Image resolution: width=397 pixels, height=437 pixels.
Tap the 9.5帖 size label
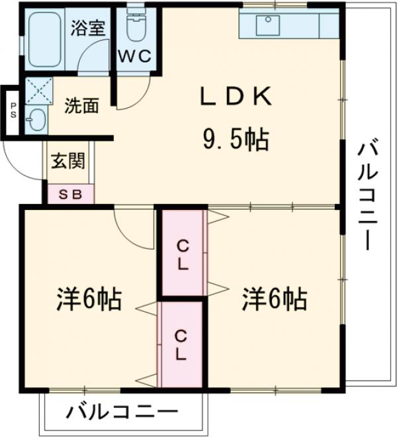point(235,139)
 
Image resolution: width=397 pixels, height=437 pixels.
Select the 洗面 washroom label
point(82,105)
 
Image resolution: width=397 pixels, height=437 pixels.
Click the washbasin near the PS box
point(36,120)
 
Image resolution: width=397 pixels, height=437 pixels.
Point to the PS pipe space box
point(13,113)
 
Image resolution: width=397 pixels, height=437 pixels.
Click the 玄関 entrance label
point(68,161)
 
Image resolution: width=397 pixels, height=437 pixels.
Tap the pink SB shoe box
point(69,194)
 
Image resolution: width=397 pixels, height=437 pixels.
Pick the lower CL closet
point(180,344)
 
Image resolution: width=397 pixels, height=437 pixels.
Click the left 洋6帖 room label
point(87,301)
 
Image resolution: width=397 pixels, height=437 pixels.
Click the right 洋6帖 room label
point(273,301)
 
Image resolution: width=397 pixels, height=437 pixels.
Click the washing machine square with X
point(38,90)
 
